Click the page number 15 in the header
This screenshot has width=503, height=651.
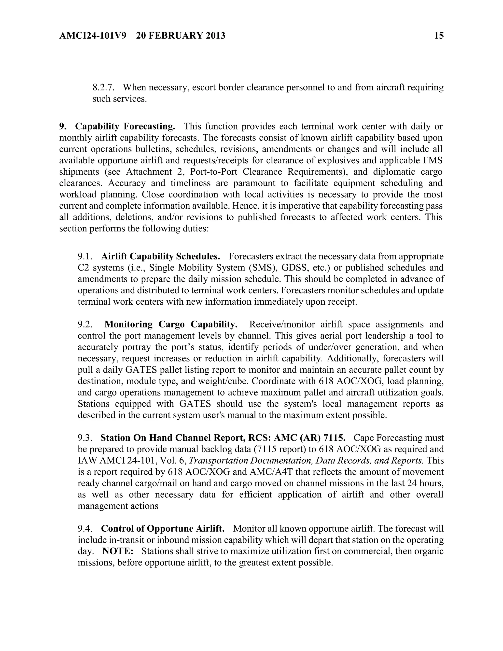pos(439,36)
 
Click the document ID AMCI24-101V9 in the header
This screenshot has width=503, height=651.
pos(93,36)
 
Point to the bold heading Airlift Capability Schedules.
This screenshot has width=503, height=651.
pos(161,256)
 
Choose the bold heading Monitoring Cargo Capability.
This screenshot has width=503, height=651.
pos(171,324)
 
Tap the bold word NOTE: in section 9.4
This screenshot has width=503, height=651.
pos(118,551)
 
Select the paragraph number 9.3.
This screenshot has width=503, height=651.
pos(85,438)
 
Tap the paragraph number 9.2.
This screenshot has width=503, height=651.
pos(85,324)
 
